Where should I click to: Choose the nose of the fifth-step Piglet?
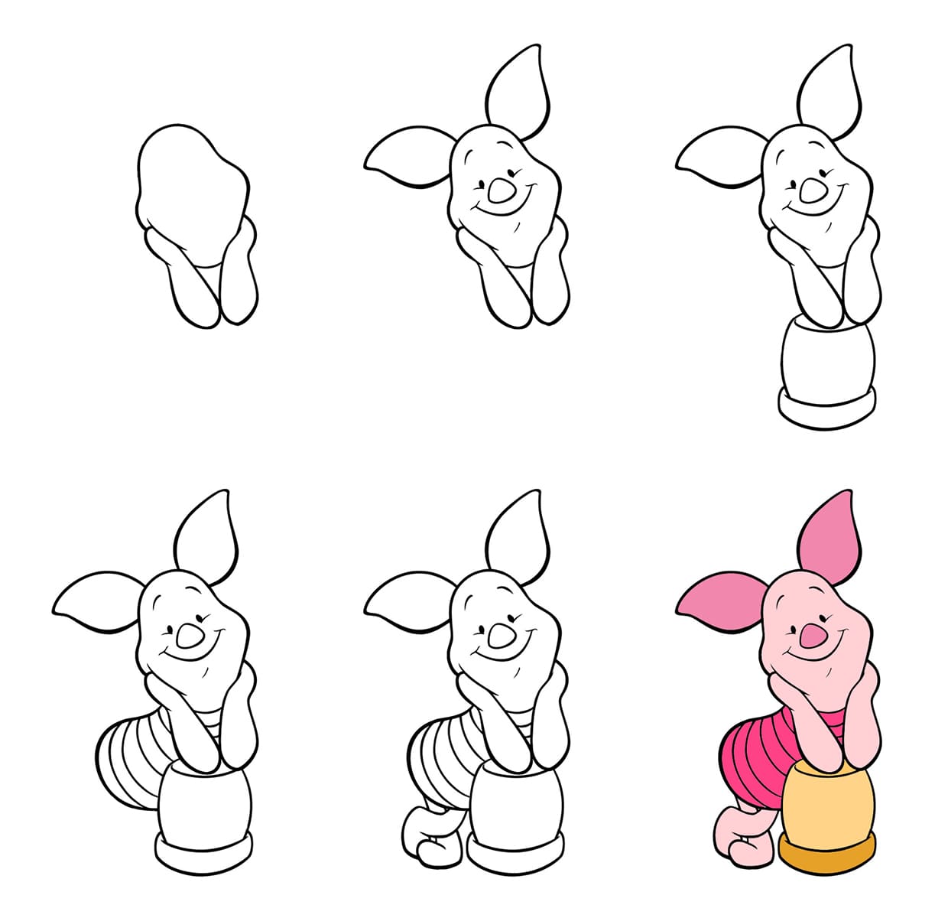[502, 632]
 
